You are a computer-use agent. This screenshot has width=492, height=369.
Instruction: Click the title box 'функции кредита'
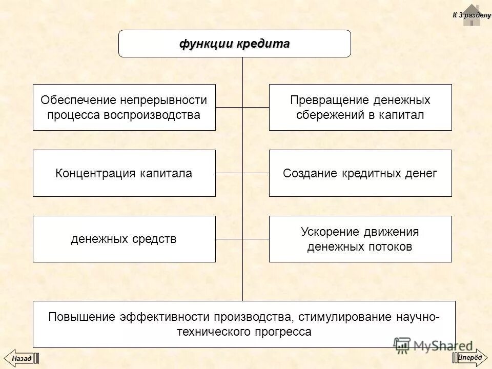(x=235, y=44)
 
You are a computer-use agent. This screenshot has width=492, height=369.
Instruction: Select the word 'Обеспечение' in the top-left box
(x=78, y=99)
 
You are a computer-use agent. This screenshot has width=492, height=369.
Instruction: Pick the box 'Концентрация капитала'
(x=124, y=173)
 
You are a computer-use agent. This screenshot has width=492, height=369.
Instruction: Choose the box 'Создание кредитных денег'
(x=360, y=173)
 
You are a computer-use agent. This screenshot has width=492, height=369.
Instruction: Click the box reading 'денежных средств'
(x=124, y=239)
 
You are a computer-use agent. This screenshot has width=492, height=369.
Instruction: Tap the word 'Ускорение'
(x=327, y=232)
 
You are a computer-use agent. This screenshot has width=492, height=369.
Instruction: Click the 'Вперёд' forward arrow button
(x=470, y=357)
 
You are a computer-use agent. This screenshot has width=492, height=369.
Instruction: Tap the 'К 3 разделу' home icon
(x=471, y=15)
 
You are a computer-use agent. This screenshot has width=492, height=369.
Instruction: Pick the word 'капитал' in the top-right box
(x=402, y=114)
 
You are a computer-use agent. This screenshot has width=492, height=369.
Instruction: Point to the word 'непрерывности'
(x=164, y=99)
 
